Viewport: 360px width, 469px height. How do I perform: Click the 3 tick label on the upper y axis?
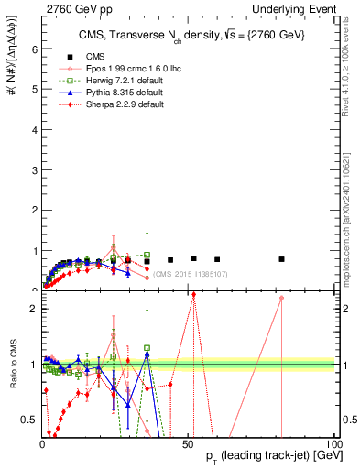pos(33,169)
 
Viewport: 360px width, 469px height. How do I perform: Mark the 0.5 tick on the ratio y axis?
pos(28,420)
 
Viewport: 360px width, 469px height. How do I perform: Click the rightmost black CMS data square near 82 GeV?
pos(281,259)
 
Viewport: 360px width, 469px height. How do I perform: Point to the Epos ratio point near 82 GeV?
pos(281,298)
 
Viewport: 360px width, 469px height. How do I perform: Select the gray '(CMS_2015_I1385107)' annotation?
pos(190,274)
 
